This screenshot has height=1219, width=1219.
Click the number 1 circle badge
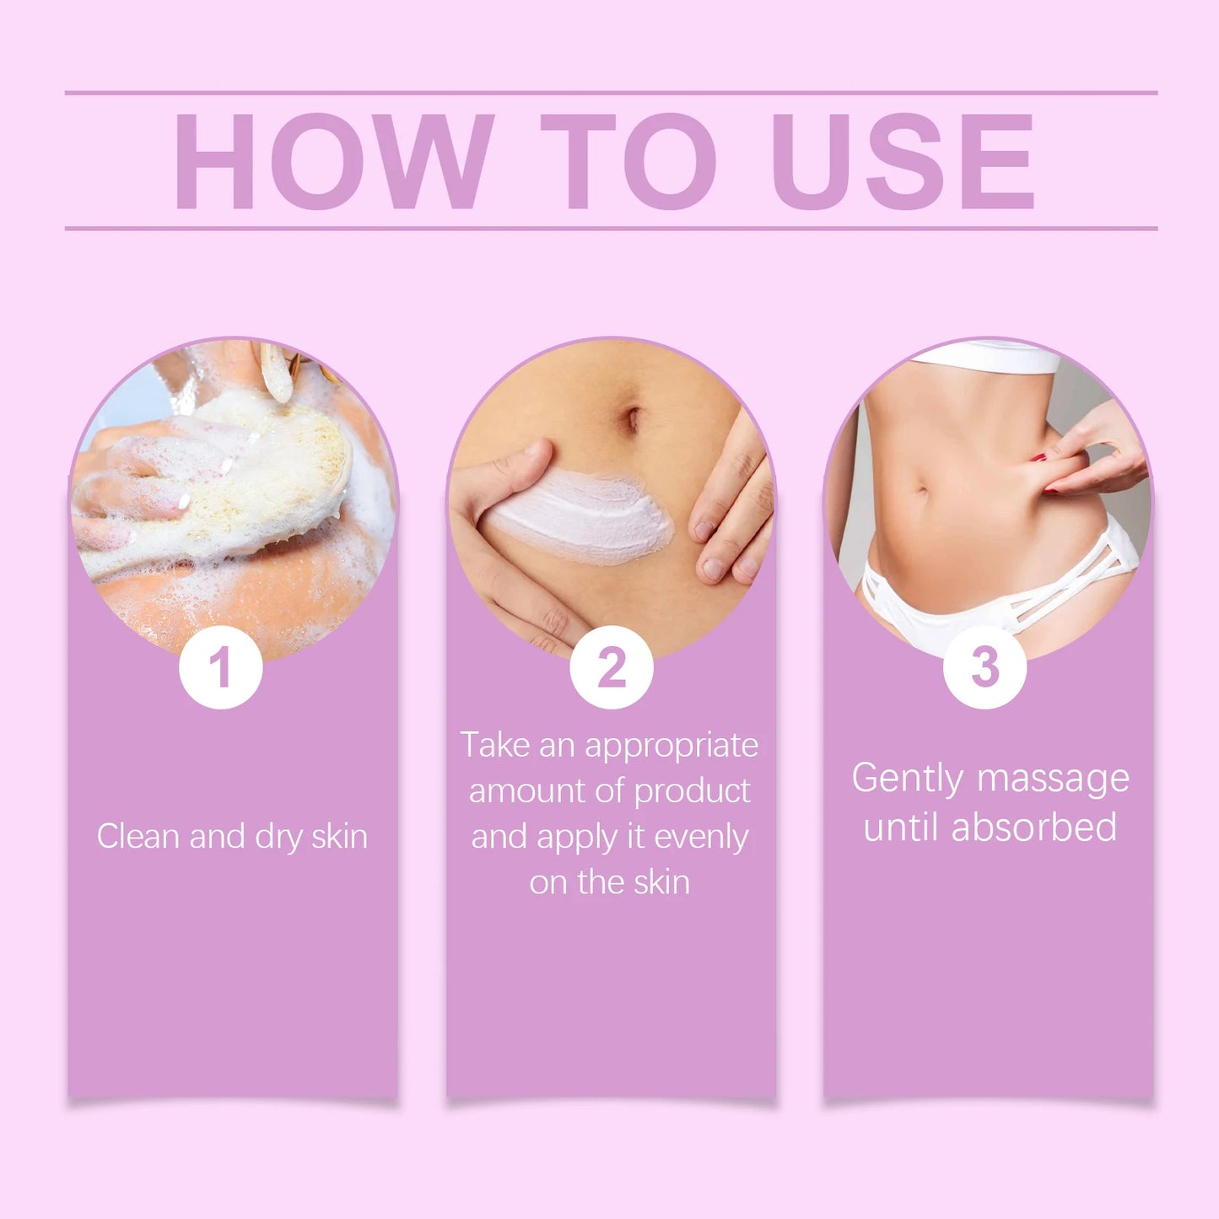[x=220, y=667]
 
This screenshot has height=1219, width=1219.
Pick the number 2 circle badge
[x=611, y=667]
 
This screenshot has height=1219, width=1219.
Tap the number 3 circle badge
[x=984, y=667]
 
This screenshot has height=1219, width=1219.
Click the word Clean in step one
[x=138, y=836]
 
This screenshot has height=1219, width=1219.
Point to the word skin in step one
[x=339, y=836]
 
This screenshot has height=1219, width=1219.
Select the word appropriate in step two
[x=672, y=746]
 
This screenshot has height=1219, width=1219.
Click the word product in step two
[x=692, y=791]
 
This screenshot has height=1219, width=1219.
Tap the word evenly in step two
[x=701, y=837]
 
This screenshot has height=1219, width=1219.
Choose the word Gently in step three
[x=907, y=779]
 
